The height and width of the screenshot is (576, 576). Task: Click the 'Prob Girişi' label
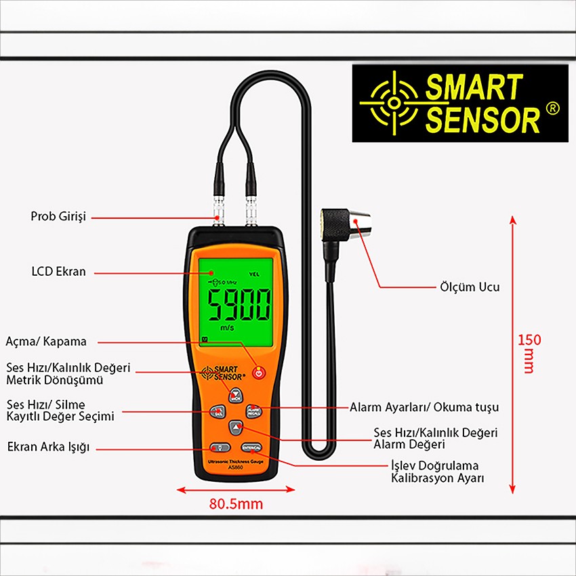click(x=58, y=217)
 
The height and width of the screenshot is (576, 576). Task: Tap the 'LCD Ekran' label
click(x=59, y=272)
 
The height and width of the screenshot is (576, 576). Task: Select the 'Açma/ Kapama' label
click(x=46, y=342)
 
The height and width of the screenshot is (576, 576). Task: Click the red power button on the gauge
click(x=258, y=372)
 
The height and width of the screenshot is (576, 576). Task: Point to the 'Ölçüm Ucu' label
click(x=470, y=287)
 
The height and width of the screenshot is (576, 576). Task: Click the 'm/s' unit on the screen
click(x=228, y=327)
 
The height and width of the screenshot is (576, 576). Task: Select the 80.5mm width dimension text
click(x=236, y=504)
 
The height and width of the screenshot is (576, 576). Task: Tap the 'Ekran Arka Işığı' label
click(x=48, y=447)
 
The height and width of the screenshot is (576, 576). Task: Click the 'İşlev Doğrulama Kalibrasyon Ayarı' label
click(x=434, y=472)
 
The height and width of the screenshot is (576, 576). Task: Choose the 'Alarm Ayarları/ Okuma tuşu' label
click(x=424, y=407)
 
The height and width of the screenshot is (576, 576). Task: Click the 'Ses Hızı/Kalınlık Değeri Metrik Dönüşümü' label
click(x=68, y=374)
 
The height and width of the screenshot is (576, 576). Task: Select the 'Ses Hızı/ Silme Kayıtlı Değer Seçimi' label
click(x=60, y=411)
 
